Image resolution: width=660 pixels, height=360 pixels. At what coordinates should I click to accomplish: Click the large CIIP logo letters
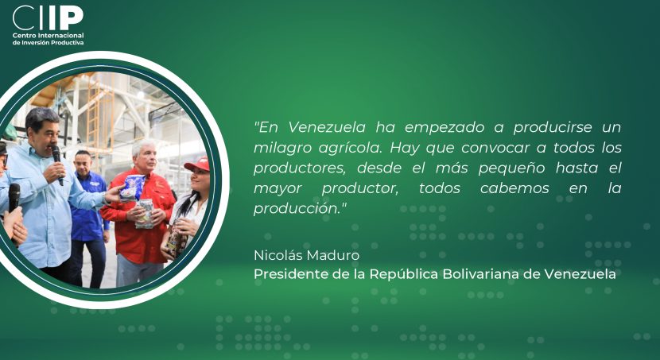point(48,17)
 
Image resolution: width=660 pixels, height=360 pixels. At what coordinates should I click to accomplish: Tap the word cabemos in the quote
point(514,188)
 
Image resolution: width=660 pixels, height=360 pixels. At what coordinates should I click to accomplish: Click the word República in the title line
point(404,275)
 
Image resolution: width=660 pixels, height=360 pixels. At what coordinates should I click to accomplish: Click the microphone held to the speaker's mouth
point(58,163)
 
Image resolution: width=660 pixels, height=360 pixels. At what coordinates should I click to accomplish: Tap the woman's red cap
point(197,164)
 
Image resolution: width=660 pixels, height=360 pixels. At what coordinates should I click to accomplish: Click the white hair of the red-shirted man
point(144,145)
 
